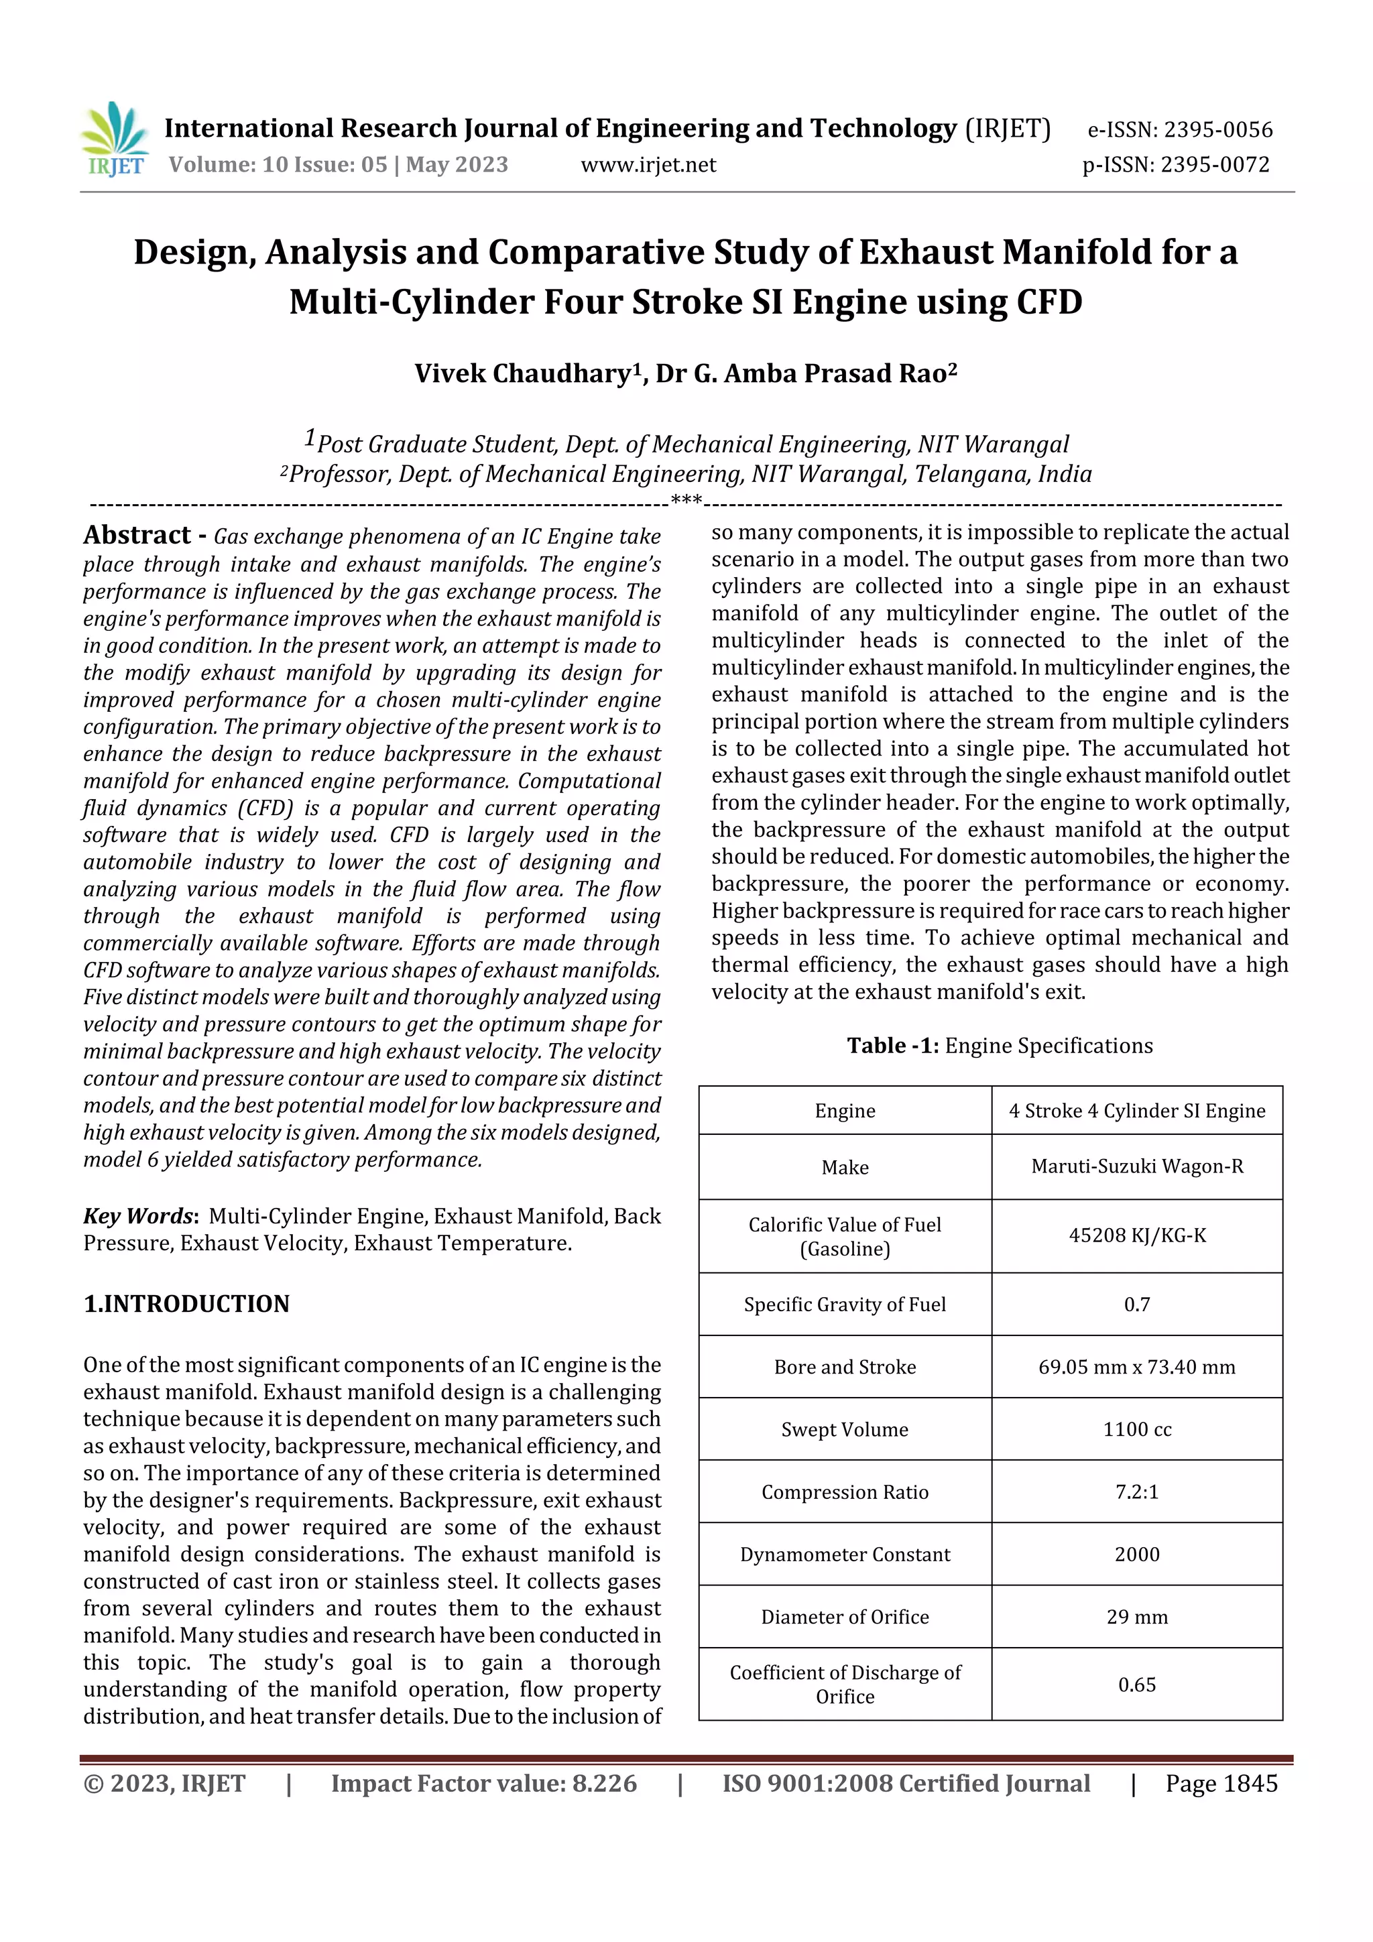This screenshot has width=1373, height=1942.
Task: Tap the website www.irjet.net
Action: pos(648,165)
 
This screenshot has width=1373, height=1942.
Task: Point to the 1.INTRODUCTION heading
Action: pos(186,1303)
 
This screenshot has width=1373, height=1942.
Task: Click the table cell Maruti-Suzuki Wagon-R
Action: pos(1136,1166)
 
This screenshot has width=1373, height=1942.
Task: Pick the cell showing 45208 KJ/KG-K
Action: pos(1136,1235)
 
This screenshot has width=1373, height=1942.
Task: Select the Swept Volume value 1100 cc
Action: pos(1136,1429)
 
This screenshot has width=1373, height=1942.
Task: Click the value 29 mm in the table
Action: pos(1136,1616)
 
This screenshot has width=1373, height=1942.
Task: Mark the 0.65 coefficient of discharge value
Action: pos(1136,1684)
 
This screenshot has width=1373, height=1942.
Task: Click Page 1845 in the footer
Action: pos(1221,1783)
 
